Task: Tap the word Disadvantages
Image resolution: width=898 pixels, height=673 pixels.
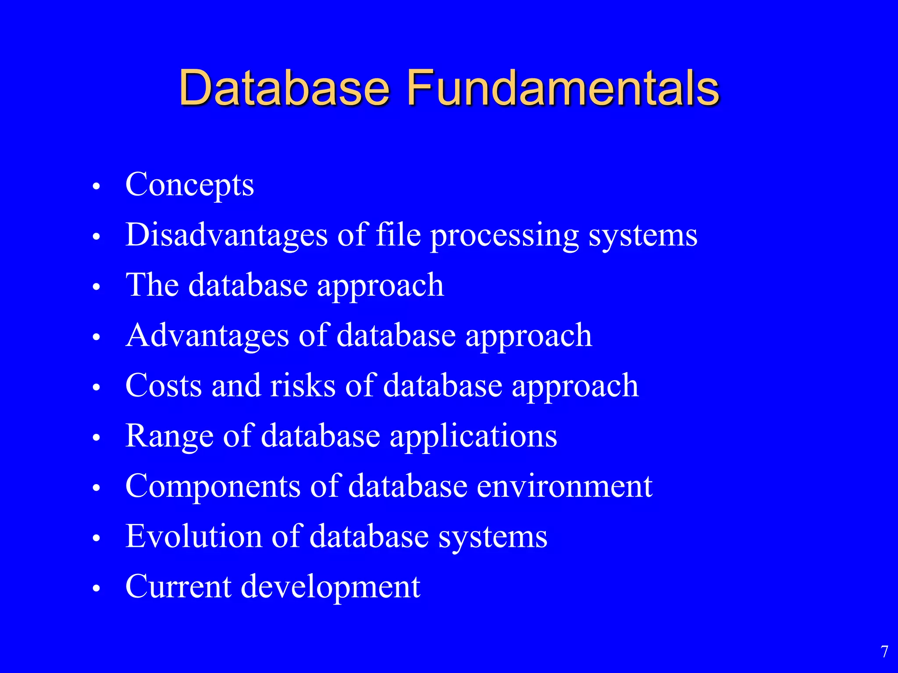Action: click(226, 235)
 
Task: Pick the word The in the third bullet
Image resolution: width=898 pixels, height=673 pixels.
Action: click(152, 285)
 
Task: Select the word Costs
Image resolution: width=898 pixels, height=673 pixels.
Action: click(164, 386)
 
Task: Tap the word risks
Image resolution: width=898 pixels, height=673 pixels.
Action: click(303, 386)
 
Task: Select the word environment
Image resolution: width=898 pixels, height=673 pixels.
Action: click(564, 486)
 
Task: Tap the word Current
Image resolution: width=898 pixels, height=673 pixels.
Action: click(178, 587)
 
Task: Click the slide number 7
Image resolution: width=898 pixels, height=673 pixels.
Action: click(884, 652)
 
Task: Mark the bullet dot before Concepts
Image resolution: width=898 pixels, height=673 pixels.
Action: click(97, 187)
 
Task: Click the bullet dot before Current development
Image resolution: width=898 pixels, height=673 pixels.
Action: click(97, 588)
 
